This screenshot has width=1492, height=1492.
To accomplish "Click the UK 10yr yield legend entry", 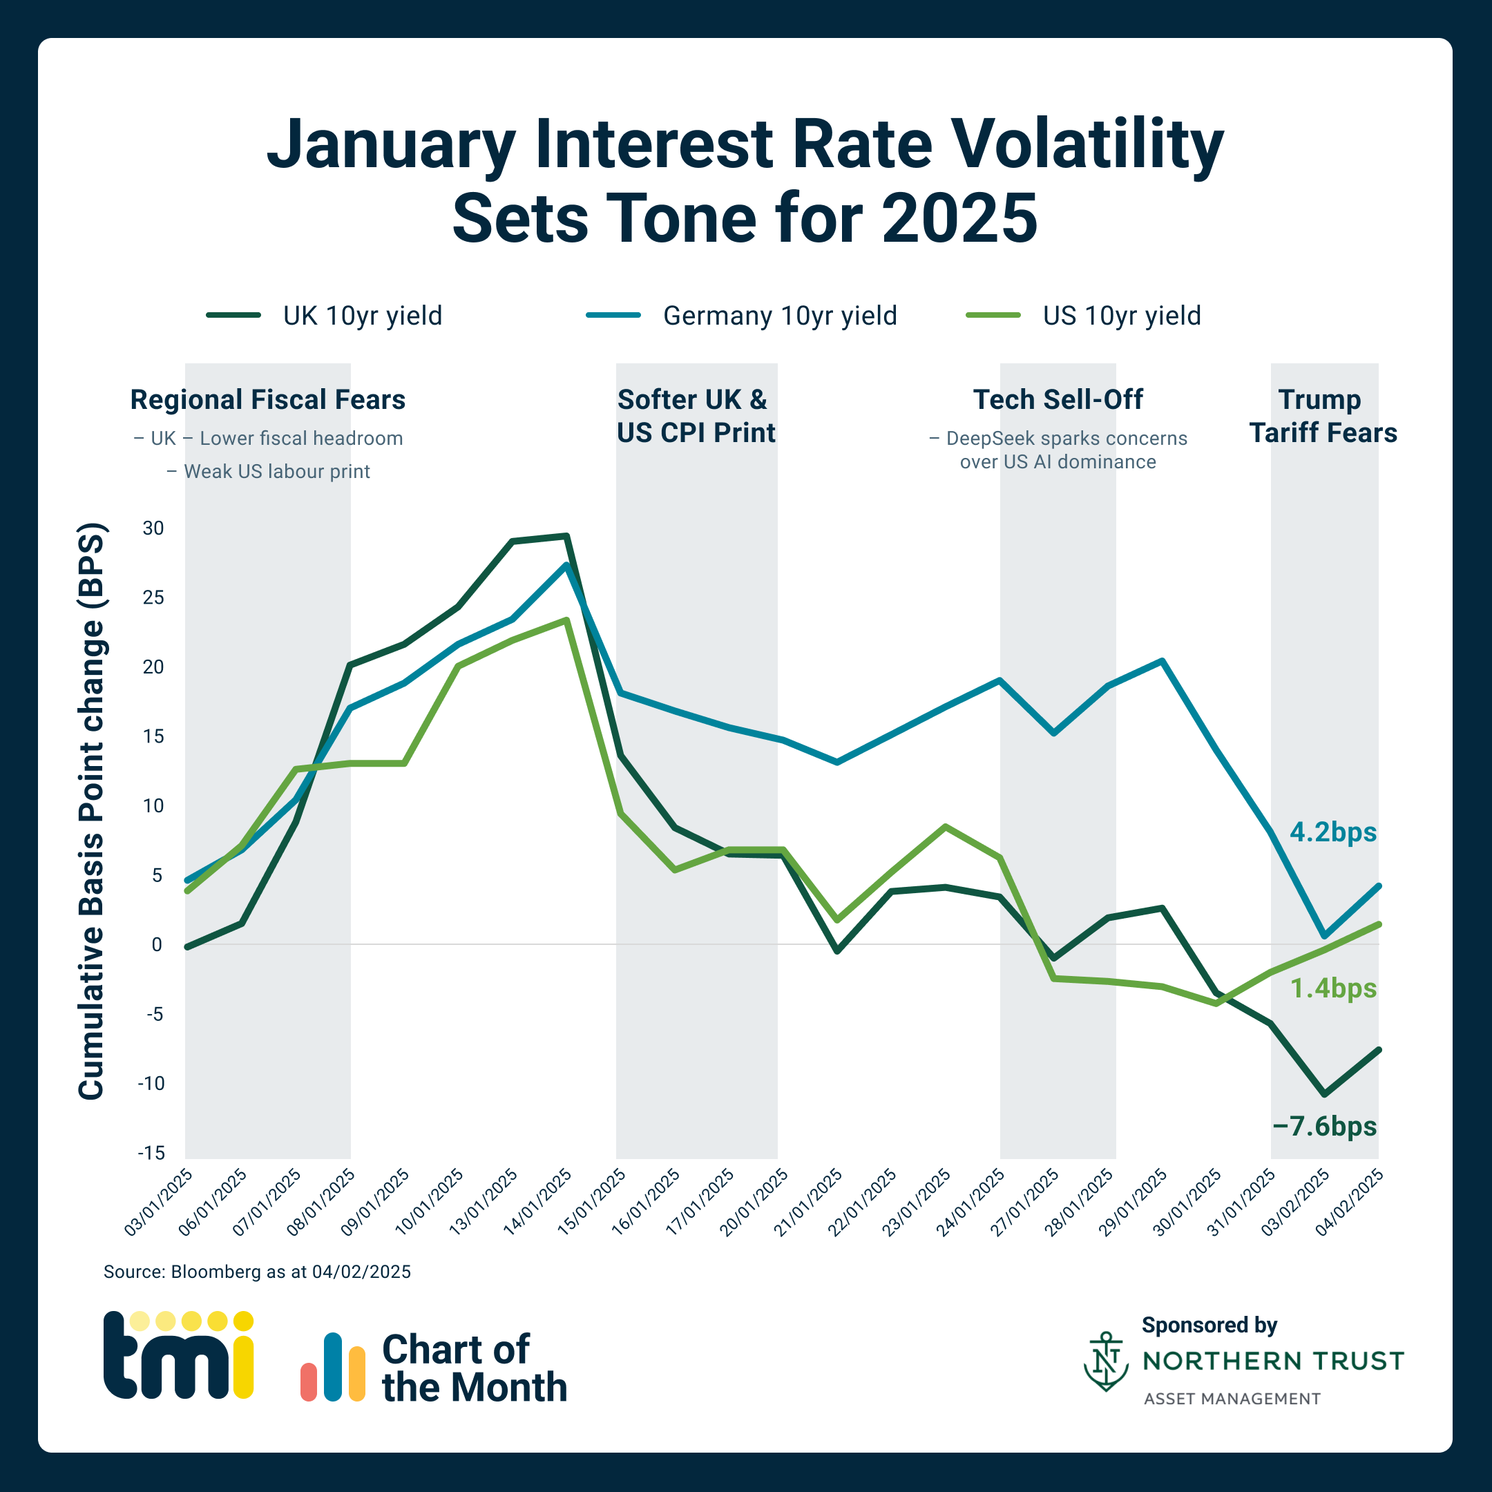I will [x=325, y=315].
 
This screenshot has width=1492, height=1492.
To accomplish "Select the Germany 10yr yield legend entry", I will [x=741, y=315].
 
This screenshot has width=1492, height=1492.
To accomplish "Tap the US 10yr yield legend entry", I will [x=1084, y=315].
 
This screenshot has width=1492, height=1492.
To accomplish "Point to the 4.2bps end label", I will [x=1333, y=832].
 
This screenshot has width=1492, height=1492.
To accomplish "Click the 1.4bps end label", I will [x=1333, y=988].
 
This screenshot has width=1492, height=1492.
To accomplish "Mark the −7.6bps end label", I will [x=1323, y=1126].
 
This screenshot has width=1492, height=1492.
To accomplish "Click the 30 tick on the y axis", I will [x=153, y=528].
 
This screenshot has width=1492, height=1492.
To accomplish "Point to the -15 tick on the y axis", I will [x=151, y=1152].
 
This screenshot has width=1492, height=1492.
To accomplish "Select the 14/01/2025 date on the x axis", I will [x=538, y=1201].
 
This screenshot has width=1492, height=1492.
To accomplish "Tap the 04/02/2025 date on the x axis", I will [x=1350, y=1201].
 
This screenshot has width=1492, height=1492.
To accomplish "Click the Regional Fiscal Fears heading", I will [x=267, y=399].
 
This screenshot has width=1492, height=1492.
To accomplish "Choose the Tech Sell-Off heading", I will [x=1058, y=399].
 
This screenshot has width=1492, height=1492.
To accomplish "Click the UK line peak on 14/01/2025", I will [x=566, y=536].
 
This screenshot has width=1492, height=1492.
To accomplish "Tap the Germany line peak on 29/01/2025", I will [x=1163, y=661].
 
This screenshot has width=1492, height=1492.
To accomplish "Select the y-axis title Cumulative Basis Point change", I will [x=91, y=811].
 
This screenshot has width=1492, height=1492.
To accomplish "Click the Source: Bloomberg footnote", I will [x=257, y=1272].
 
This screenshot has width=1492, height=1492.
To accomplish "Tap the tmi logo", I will [x=178, y=1355].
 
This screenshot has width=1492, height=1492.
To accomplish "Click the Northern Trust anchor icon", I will [x=1106, y=1361].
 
